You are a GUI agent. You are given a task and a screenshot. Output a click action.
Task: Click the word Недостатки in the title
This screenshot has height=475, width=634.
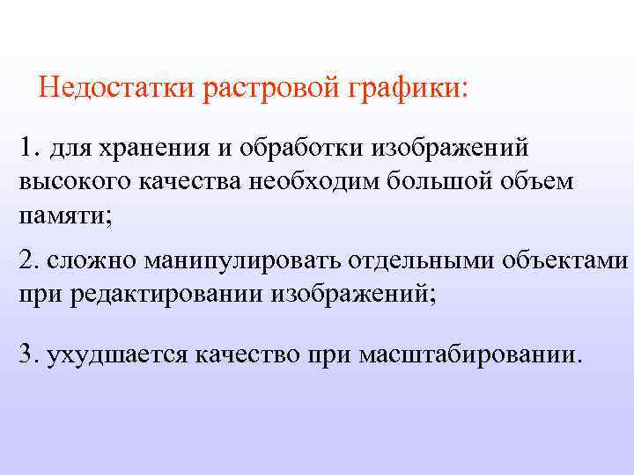click(x=118, y=89)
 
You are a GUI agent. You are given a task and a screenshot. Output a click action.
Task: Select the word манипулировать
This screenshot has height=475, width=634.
click(x=240, y=263)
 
